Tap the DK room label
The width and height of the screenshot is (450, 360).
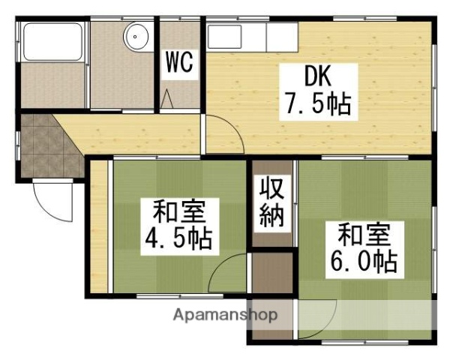point(316,76)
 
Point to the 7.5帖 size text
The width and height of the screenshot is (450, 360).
point(316,104)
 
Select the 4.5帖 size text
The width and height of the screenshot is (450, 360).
point(178,238)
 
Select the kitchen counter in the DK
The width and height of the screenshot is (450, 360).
point(251,36)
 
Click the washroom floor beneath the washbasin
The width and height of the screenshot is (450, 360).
point(124,82)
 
